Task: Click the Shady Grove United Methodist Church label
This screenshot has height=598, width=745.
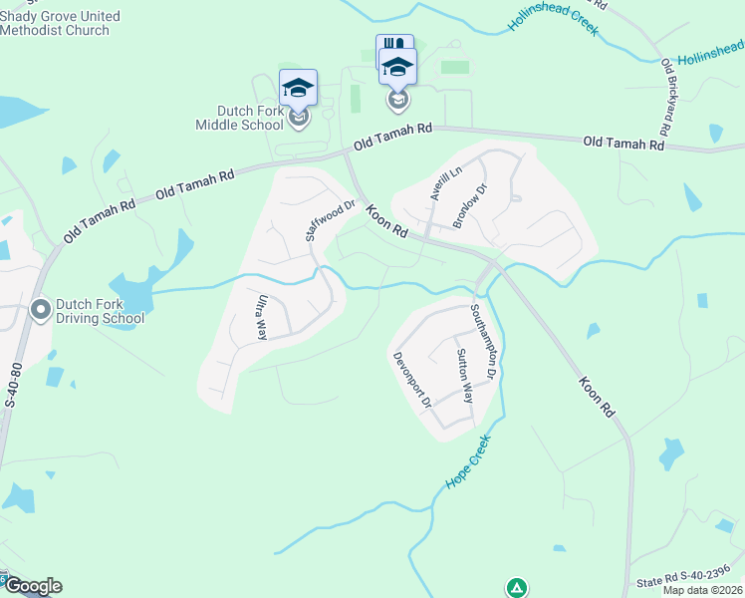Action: pyautogui.click(x=60, y=24)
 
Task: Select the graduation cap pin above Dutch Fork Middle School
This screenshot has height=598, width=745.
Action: pyautogui.click(x=298, y=88)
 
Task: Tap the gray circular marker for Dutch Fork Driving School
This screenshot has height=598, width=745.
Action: pyautogui.click(x=41, y=310)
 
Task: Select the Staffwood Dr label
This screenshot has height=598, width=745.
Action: pyautogui.click(x=330, y=221)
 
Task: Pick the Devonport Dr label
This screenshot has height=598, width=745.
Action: pyautogui.click(x=410, y=380)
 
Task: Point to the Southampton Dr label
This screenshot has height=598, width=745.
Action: pyautogui.click(x=483, y=340)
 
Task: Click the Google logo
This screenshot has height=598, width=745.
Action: pyautogui.click(x=33, y=586)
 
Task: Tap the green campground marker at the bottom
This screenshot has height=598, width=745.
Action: pyautogui.click(x=516, y=588)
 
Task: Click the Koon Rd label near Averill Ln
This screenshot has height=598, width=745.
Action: pyautogui.click(x=386, y=221)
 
